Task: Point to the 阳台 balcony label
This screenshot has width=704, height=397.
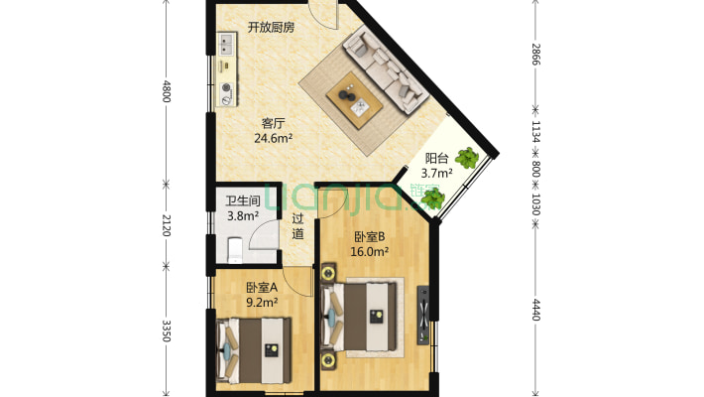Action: point(437,158)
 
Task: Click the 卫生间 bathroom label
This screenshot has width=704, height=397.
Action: point(242,200)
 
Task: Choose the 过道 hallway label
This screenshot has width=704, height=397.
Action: point(297,226)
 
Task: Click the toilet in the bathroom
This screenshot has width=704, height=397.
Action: point(236,246)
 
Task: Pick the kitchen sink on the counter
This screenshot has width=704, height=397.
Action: point(226,45)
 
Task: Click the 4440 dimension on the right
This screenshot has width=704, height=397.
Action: point(535,310)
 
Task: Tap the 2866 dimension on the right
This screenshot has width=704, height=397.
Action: point(535,55)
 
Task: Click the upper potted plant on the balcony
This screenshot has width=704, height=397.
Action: point(466,158)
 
